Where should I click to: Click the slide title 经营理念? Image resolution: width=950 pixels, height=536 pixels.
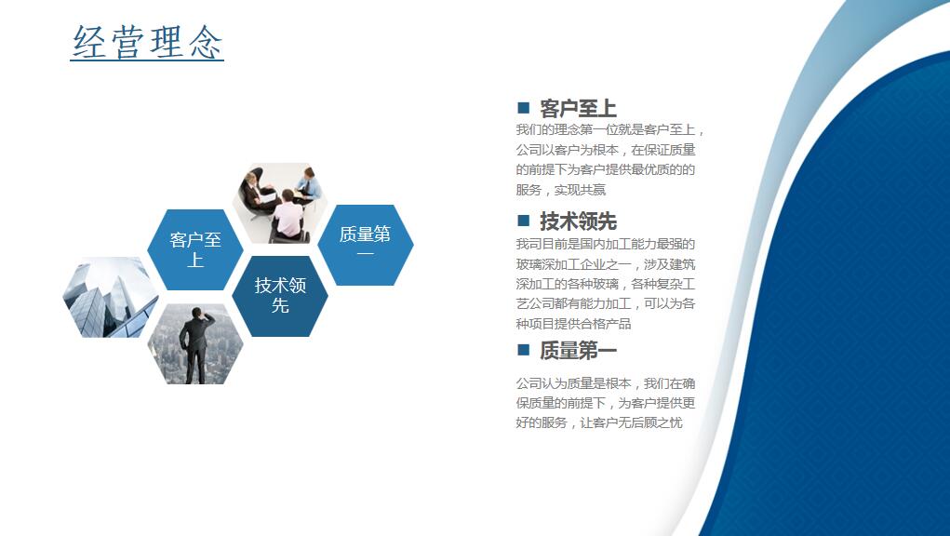(147, 42)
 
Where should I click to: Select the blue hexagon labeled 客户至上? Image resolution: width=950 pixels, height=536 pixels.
(195, 249)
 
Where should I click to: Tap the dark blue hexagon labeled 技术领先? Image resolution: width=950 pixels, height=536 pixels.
(280, 296)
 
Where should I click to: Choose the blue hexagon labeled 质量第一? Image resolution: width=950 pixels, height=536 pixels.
(366, 245)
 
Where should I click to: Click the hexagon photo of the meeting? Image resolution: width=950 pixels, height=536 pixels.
(280, 203)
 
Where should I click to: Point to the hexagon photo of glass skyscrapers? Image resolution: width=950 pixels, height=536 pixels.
(111, 297)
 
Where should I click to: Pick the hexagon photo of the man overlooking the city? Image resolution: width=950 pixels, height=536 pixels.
(195, 343)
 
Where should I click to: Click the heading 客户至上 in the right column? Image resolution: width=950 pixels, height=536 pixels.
(578, 109)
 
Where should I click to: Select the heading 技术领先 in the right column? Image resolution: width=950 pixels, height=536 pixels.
(578, 221)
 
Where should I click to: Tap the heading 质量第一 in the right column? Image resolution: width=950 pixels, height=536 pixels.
(578, 350)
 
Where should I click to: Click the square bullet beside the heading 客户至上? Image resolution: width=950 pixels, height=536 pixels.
(524, 108)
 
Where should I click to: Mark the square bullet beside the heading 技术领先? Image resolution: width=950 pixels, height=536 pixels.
(524, 220)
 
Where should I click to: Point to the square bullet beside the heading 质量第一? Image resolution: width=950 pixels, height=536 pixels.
(524, 350)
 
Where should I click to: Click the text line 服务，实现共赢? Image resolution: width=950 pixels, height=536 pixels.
(560, 190)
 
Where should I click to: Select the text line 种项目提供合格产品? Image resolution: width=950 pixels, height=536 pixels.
(573, 324)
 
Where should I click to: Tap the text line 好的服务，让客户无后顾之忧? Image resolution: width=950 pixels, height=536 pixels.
(598, 422)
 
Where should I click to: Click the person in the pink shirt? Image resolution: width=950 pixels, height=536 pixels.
(289, 215)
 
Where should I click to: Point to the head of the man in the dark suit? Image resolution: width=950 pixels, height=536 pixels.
(196, 313)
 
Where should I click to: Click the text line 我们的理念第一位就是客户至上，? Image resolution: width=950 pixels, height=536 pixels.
(609, 129)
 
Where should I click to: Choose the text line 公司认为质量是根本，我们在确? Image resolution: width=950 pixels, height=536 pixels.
(605, 382)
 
